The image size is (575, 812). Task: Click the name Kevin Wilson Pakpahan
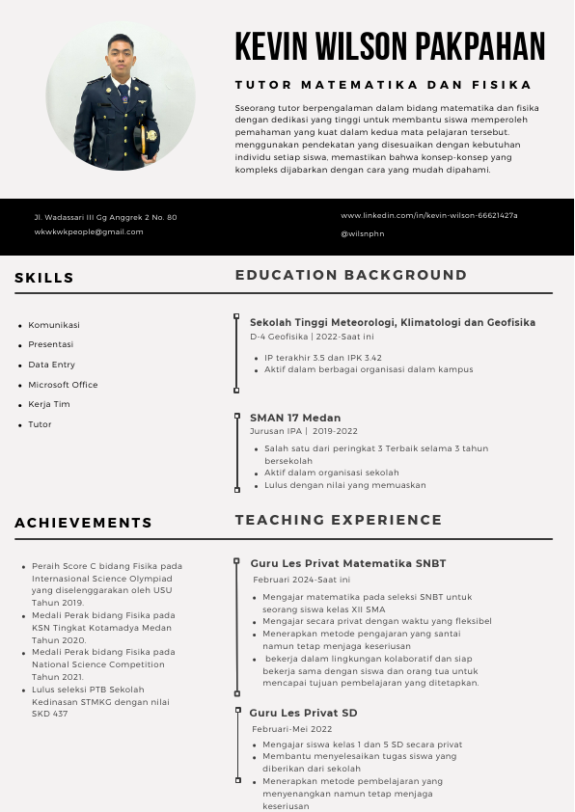point(390,46)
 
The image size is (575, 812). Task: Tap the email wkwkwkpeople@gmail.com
point(89,231)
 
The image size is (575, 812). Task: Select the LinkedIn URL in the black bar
point(429,215)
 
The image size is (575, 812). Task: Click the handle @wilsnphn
point(362,233)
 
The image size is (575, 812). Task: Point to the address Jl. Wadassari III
point(105,217)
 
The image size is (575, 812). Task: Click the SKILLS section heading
point(44,279)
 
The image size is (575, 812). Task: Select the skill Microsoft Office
point(63,385)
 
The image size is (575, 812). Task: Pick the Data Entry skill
point(51,365)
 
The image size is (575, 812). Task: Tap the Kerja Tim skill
point(49,404)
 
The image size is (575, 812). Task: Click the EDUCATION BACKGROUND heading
point(351,276)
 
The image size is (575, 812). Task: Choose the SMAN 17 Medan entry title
point(295,418)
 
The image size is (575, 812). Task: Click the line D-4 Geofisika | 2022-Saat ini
point(312,337)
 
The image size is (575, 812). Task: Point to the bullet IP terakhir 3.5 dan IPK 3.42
point(323,358)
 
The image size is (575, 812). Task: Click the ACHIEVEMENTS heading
point(84,523)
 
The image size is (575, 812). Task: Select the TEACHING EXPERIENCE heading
point(339,520)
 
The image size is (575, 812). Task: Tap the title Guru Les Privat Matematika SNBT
point(348,563)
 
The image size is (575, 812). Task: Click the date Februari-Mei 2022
point(292,729)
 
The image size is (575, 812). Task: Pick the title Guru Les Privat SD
point(304,713)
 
